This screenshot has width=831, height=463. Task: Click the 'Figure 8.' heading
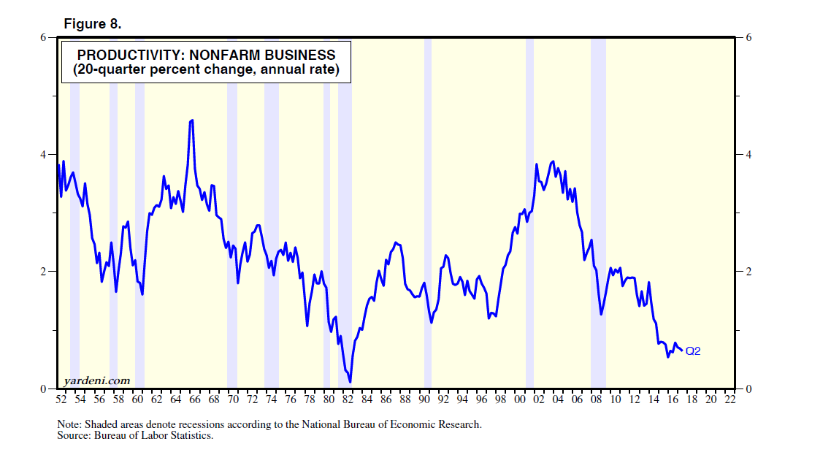click(x=92, y=23)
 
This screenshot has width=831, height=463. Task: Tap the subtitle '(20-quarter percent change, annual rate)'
click(x=206, y=70)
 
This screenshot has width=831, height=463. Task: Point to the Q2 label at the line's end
click(x=693, y=351)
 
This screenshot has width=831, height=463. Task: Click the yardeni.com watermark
click(x=97, y=380)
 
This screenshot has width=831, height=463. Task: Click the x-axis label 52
click(x=61, y=399)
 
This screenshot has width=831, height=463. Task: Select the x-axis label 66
click(x=194, y=399)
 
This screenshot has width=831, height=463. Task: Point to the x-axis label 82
click(x=348, y=399)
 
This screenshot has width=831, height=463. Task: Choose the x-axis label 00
click(x=519, y=399)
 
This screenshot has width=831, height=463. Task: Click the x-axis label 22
click(x=729, y=399)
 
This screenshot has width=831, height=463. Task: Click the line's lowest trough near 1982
click(x=351, y=381)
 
